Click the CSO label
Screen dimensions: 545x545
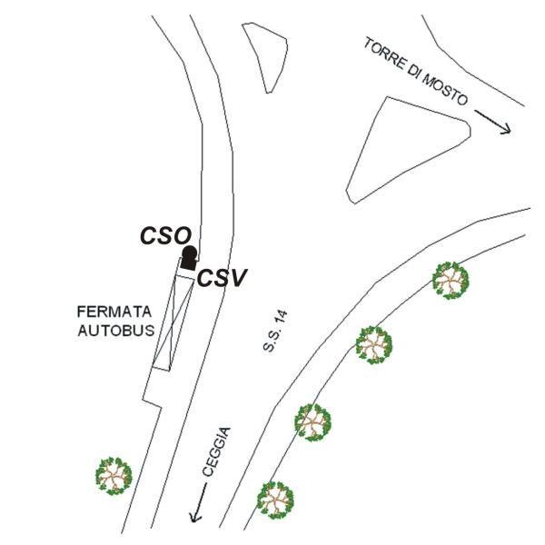pos(166,235)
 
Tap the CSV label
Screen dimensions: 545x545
pos(222,278)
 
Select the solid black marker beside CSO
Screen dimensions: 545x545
pos(190,258)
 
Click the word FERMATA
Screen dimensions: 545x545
pos(114,312)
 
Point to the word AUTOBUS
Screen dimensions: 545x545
pos(116,330)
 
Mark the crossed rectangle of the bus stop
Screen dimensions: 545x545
pos(173,322)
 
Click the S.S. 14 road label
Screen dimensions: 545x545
pos(275,332)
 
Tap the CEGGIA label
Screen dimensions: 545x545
pos(216,451)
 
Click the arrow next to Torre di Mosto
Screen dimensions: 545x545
pos(493,122)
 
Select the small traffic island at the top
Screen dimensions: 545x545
pos(265,58)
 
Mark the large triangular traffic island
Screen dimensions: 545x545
pos(409,150)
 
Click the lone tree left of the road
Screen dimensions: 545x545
pos(114,476)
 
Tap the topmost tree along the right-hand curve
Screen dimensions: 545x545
pos(451,281)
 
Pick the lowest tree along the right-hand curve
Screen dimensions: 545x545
pos(275,500)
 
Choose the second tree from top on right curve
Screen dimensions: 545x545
pos(373,345)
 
